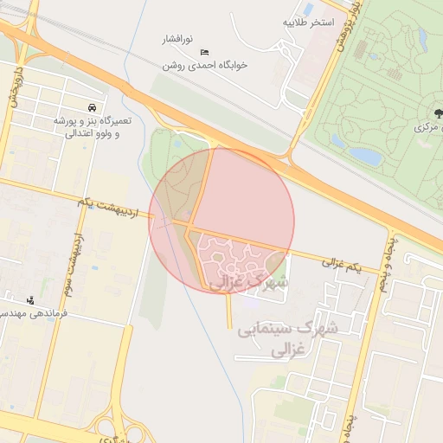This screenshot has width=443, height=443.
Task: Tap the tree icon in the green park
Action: (x=437, y=112)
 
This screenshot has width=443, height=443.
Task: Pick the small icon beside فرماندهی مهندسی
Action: (x=31, y=301)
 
